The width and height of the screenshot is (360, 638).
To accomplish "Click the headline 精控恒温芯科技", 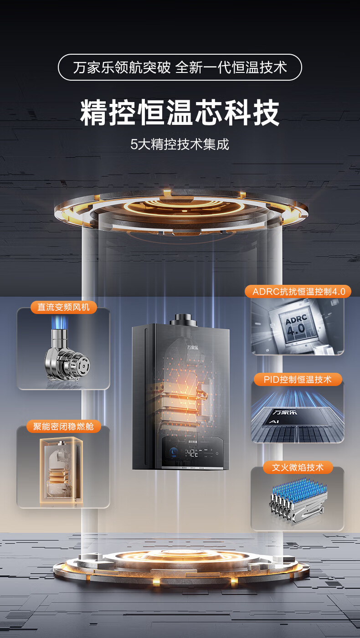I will point(180,113).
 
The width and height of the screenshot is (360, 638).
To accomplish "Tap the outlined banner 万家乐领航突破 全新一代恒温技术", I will point(180,67).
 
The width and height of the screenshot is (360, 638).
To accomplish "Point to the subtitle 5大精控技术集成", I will point(180,144).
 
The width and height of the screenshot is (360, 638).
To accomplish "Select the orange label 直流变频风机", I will point(64,307).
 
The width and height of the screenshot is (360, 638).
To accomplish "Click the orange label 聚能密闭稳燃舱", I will point(63,427).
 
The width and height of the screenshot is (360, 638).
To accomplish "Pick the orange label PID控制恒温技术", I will point(297,379).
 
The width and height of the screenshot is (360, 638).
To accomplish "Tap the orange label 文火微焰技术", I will point(298,468).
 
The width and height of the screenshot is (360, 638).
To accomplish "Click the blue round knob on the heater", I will point(174,453).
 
